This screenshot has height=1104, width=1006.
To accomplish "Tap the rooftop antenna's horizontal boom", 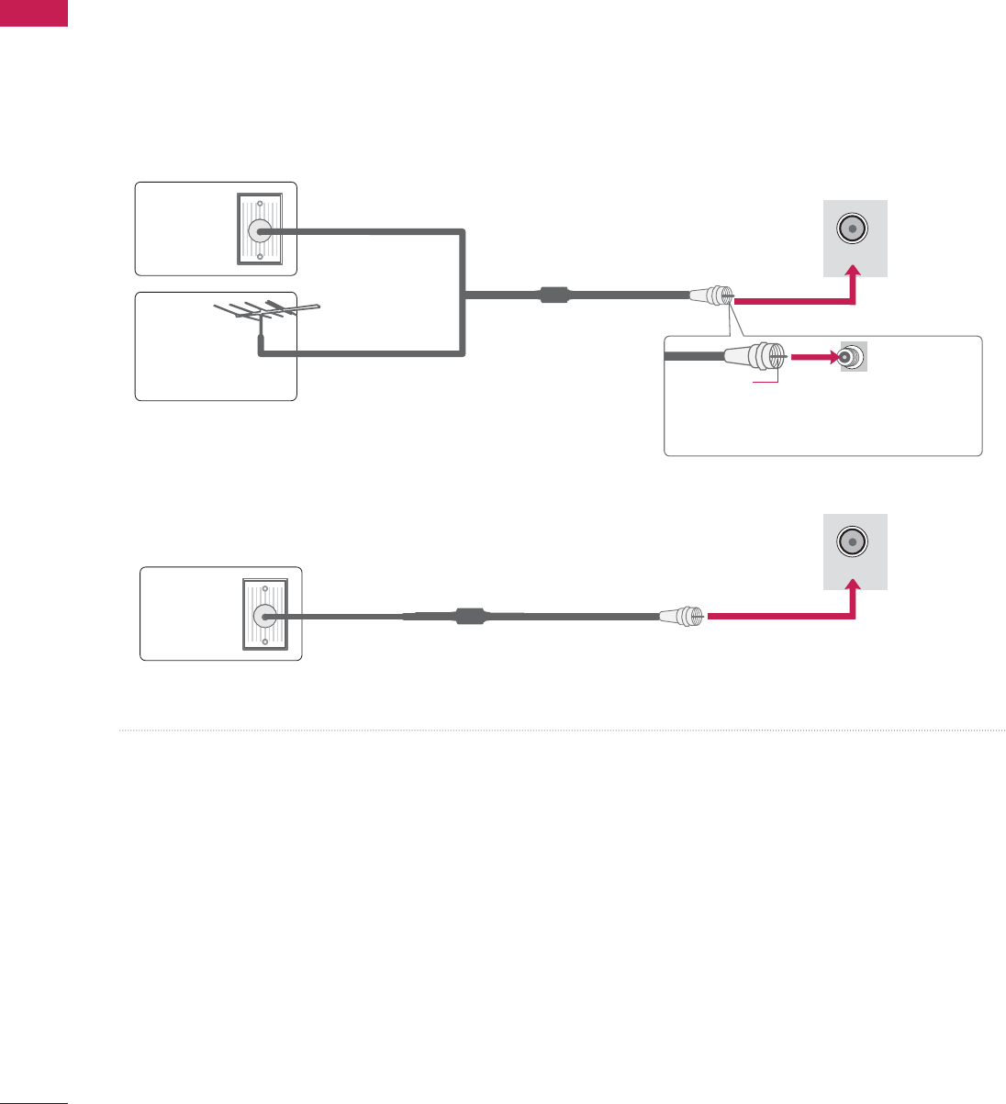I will [266, 312].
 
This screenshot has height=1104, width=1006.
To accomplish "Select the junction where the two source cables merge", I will [465, 296].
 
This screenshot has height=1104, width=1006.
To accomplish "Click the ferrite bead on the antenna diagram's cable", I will [554, 296].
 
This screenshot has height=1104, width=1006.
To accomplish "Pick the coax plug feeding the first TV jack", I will [710, 296].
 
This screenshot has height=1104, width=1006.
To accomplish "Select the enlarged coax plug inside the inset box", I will [754, 356].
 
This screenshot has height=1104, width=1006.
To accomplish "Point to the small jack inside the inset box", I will [852, 358].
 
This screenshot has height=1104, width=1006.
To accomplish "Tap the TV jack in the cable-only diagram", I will [853, 541].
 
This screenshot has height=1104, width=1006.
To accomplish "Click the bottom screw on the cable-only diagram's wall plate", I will [264, 641].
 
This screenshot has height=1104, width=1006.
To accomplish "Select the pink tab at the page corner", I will [34, 13].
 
